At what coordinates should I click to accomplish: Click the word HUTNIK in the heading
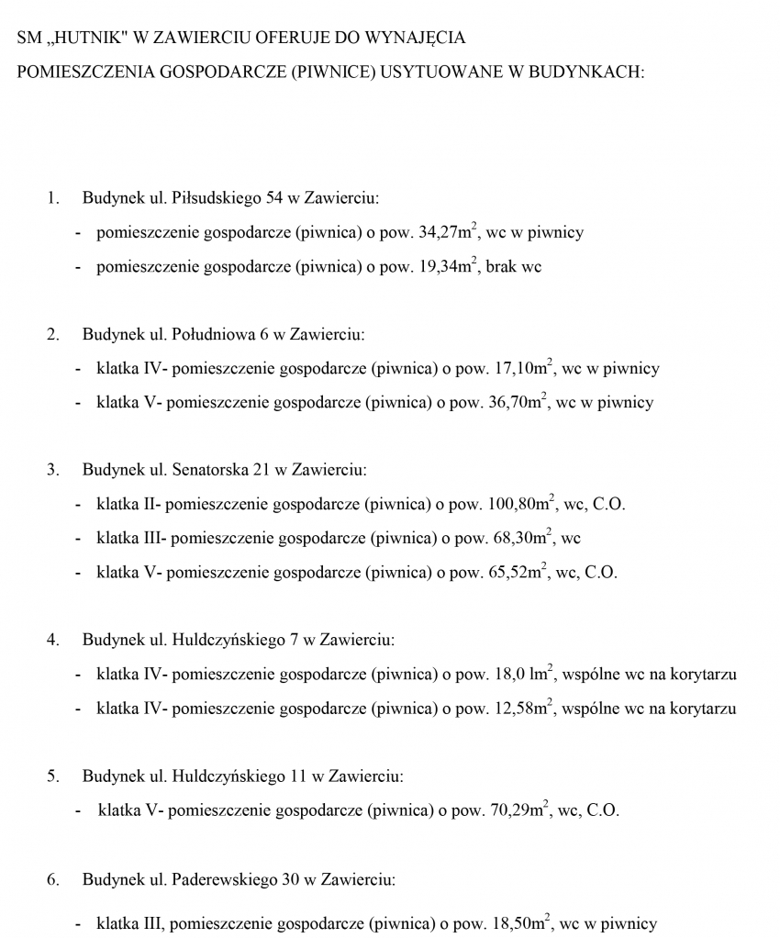(88, 39)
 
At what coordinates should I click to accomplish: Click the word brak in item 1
(501, 267)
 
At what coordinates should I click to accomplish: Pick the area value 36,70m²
(517, 402)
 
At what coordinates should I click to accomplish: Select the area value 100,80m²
(520, 504)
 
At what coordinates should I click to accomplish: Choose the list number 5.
(52, 776)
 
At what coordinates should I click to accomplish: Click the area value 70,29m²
(519, 810)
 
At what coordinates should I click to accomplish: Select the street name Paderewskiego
(224, 879)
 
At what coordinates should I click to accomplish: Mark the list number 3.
(52, 470)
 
